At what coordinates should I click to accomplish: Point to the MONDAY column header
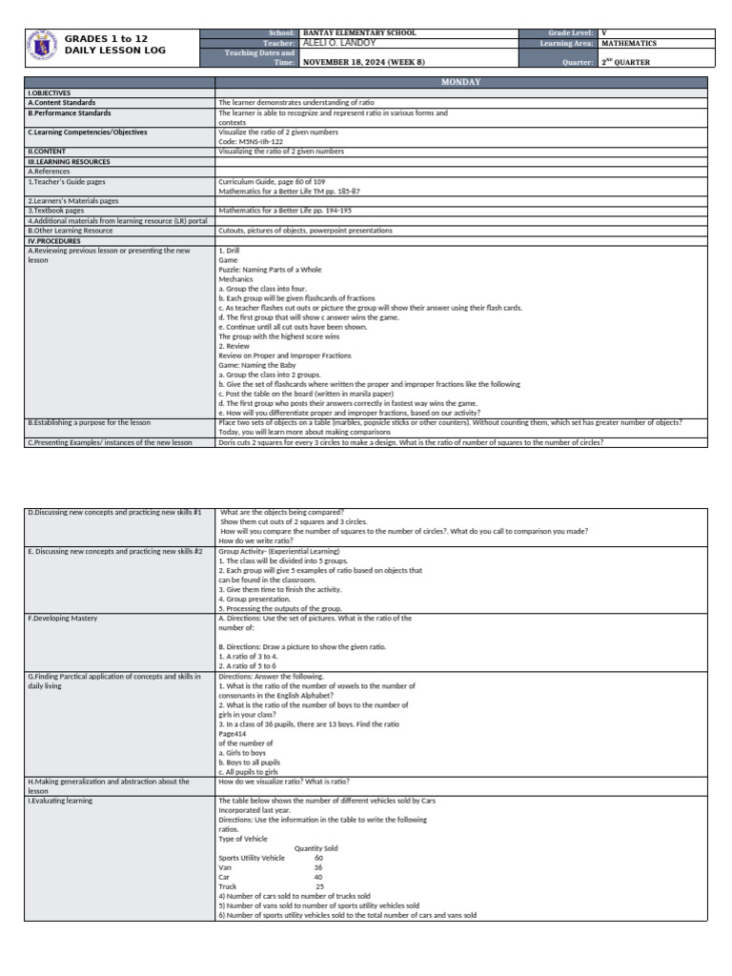461,83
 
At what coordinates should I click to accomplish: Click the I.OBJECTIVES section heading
46,93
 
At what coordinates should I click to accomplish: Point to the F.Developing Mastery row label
63,618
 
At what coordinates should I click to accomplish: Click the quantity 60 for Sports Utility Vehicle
318,858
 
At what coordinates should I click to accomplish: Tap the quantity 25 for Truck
319,886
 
